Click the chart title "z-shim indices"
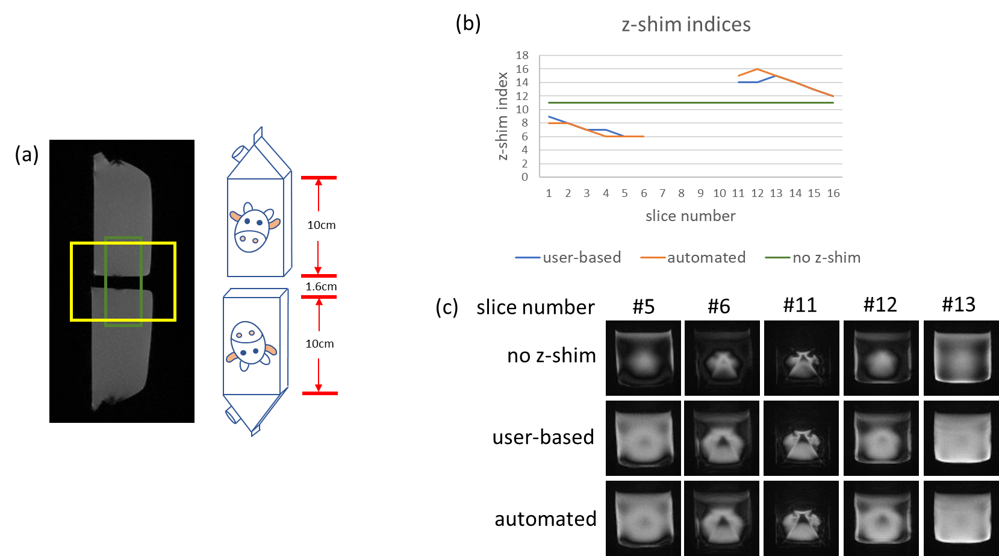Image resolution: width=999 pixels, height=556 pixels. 686,25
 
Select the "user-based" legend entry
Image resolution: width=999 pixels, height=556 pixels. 581,258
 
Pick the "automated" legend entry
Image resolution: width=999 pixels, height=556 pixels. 706,258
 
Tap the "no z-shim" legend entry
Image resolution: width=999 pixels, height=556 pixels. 826,258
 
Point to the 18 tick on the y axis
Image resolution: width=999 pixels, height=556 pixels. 522,55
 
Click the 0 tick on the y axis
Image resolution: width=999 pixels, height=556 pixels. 524,177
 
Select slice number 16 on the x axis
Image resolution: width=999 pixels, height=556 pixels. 833,193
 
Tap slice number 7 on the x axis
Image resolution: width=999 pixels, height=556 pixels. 662,193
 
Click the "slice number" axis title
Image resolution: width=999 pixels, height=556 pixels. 690,216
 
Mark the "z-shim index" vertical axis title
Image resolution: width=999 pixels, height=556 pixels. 503,116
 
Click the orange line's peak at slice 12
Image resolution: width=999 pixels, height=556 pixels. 758,69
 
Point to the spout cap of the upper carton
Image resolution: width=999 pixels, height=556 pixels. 238,153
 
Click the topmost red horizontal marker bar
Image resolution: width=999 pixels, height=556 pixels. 319,178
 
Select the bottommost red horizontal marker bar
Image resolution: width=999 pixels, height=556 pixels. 320,393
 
